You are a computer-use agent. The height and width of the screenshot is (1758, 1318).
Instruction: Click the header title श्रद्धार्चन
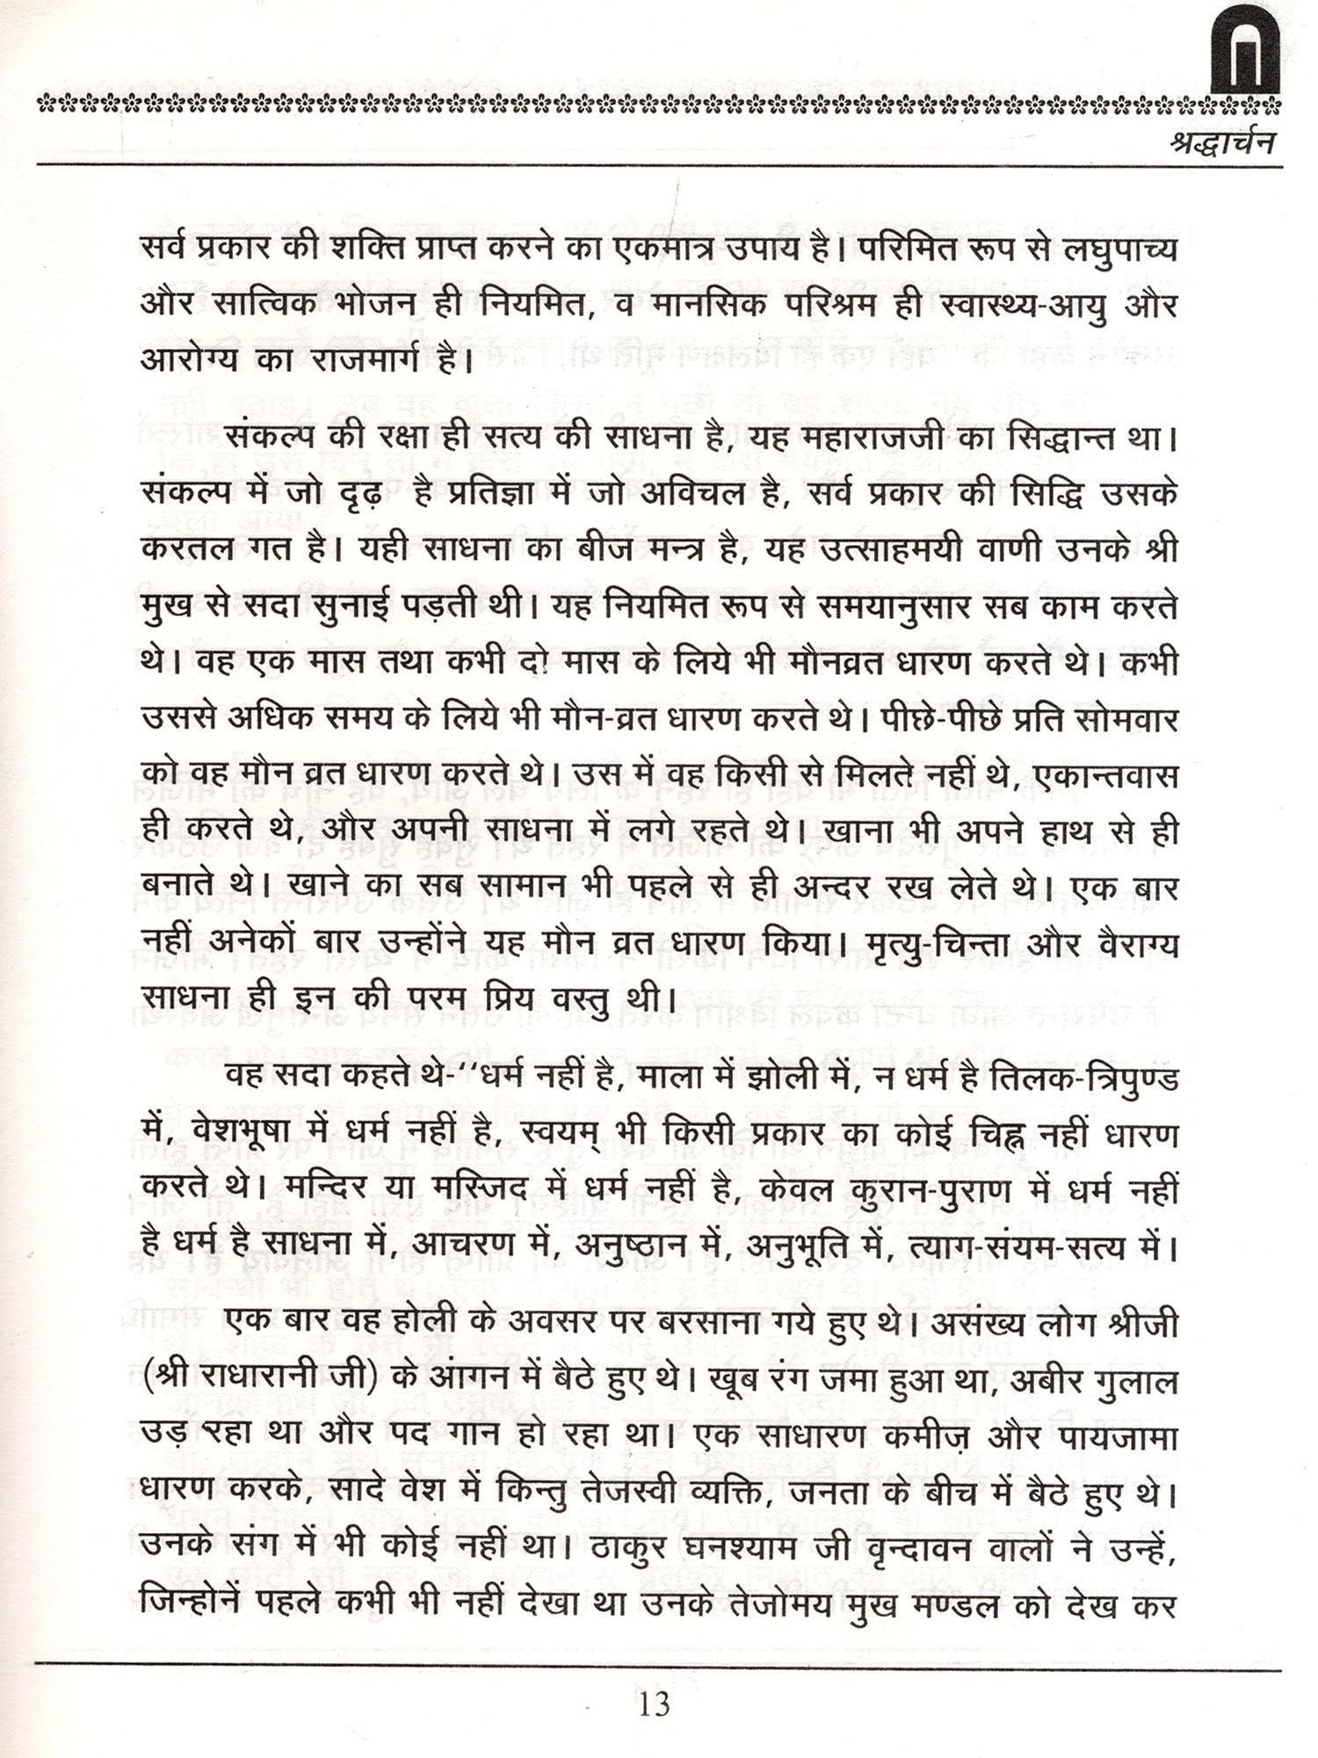point(1222,142)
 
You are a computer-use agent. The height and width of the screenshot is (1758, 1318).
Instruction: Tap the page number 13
point(655,1704)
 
